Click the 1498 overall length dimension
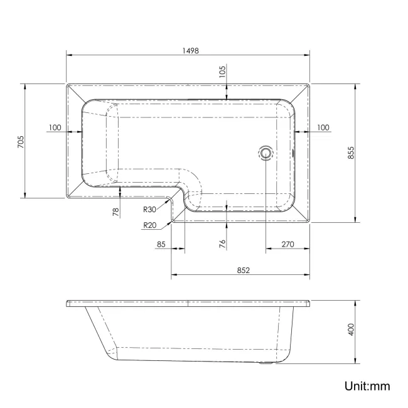pyautogui.click(x=188, y=51)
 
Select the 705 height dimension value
pyautogui.click(x=20, y=141)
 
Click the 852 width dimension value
pyautogui.click(x=244, y=270)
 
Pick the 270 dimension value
pyautogui.click(x=288, y=244)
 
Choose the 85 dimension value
pyautogui.click(x=161, y=244)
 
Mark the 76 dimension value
pyautogui.click(x=222, y=244)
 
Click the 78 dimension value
pyautogui.click(x=116, y=212)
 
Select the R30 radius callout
pyautogui.click(x=149, y=210)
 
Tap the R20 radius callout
pyautogui.click(x=149, y=225)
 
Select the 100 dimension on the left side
pyautogui.click(x=55, y=127)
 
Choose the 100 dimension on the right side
pyautogui.click(x=323, y=127)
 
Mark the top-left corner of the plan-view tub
pyautogui.click(x=67, y=83)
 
